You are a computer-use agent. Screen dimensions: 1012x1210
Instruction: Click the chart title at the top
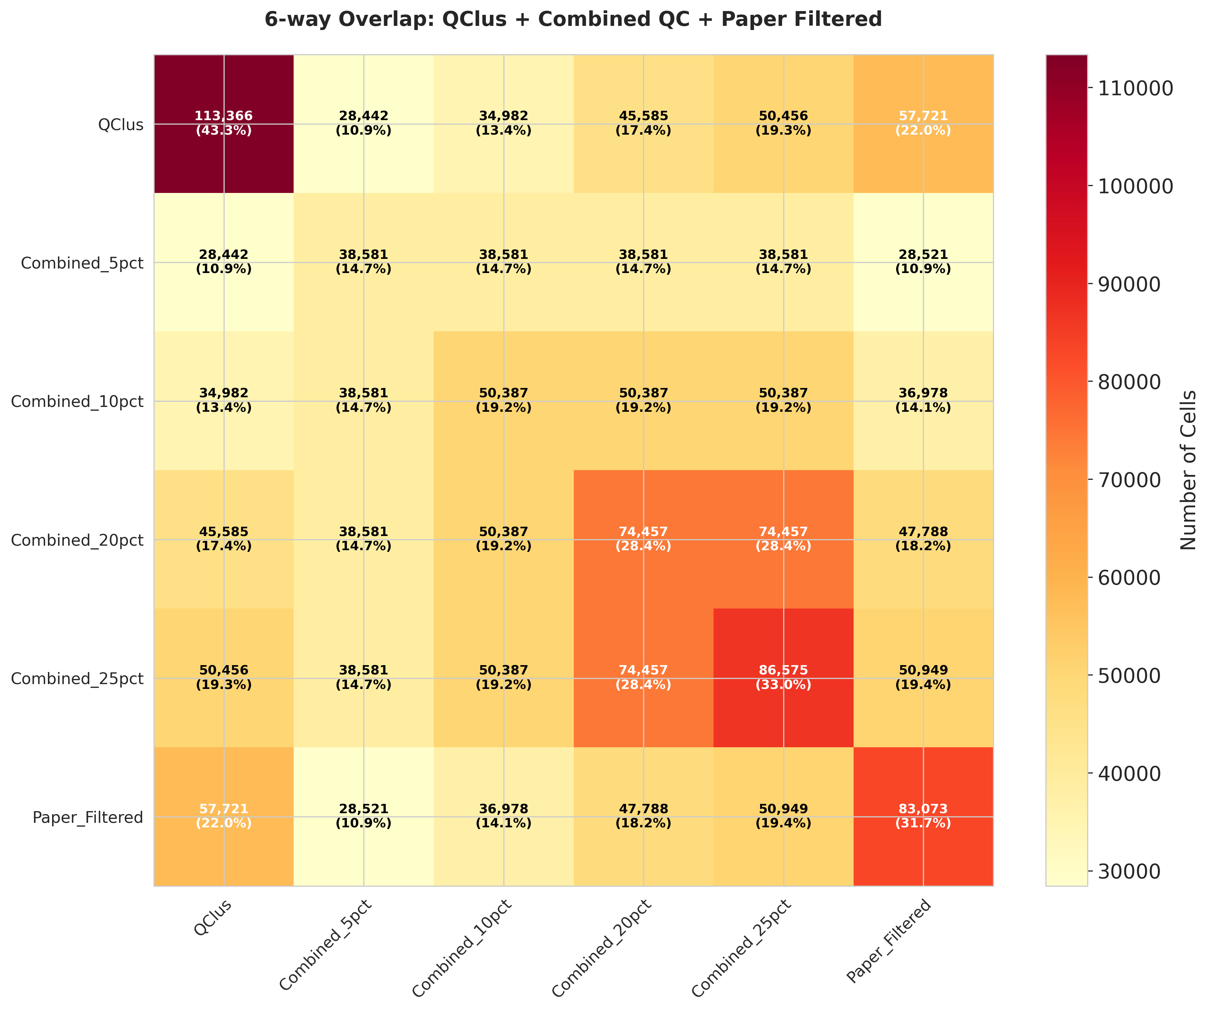(x=573, y=20)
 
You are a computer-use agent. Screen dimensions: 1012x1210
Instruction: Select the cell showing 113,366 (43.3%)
(x=224, y=123)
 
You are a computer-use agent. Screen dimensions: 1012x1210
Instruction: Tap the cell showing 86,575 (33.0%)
(x=783, y=678)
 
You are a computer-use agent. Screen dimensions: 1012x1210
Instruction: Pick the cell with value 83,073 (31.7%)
(x=923, y=816)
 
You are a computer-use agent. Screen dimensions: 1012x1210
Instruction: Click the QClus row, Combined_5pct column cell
(x=364, y=123)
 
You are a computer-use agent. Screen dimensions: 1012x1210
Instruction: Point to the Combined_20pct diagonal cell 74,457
(x=643, y=539)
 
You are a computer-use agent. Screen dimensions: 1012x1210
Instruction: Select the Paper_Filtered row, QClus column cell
(x=224, y=816)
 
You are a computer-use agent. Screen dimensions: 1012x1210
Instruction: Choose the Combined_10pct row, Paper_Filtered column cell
(x=923, y=400)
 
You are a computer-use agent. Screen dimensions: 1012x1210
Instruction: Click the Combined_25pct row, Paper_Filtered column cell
(x=923, y=678)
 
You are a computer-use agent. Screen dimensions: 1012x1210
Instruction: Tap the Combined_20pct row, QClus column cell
(x=224, y=539)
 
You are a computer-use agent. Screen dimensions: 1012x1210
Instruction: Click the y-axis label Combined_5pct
(x=82, y=263)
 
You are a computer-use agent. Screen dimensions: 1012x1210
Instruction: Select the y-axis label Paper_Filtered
(x=88, y=817)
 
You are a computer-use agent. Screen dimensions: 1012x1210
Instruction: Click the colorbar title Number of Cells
(x=1188, y=470)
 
